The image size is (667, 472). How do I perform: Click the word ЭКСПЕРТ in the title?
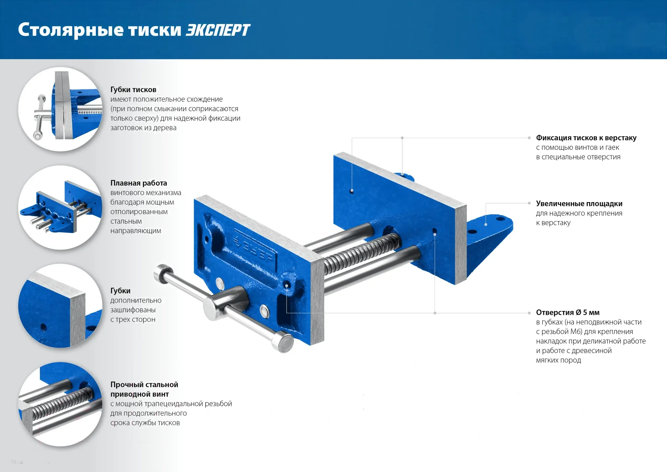coord(218,30)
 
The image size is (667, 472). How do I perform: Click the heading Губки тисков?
coord(133,90)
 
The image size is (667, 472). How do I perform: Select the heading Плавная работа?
coord(139,183)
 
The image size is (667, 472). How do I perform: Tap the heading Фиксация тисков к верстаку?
coord(586,138)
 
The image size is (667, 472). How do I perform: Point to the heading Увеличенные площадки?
coord(579,203)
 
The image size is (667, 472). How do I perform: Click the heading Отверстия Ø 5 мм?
coord(568,312)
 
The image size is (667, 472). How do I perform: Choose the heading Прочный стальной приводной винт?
coord(144,389)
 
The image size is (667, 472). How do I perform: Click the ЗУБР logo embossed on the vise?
coord(253,247)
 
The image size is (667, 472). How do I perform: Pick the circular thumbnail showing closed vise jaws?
coord(60,109)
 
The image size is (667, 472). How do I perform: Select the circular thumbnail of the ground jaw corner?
coord(60,306)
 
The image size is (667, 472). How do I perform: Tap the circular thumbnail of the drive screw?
coord(60,404)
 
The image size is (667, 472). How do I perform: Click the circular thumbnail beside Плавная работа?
coord(60,207)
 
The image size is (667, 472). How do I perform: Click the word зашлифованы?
coord(133,310)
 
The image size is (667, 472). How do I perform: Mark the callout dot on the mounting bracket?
coord(486,224)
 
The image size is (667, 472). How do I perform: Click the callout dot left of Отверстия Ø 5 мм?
coord(529,313)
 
